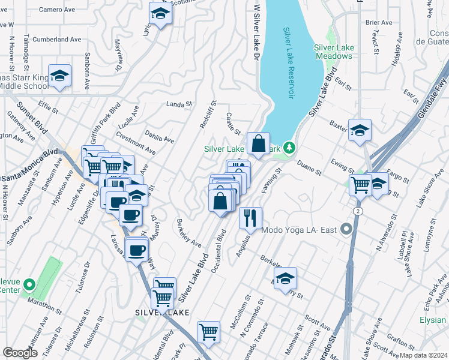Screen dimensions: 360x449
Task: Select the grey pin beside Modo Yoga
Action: tap(346, 229)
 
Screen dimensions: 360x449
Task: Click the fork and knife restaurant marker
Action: tap(250, 218)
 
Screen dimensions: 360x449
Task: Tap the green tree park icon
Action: tap(289, 147)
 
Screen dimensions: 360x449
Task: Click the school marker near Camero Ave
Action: tap(160, 13)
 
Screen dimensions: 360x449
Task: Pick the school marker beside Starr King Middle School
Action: tap(59, 77)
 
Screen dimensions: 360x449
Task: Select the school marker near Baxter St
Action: tap(360, 131)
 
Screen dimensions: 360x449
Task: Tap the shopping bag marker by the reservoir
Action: tap(258, 144)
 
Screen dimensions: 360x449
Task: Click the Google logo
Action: tap(20, 353)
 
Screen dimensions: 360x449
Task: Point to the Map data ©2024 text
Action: tap(423, 355)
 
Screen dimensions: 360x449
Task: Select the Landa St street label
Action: tap(178, 104)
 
